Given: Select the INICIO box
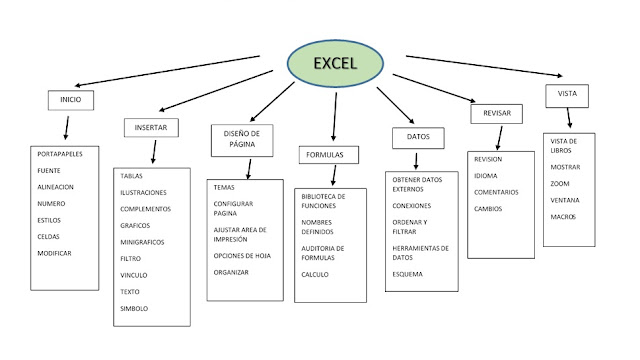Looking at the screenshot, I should [x=69, y=101].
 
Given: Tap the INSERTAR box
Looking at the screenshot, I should [x=151, y=127].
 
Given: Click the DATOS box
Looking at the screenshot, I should [x=418, y=135].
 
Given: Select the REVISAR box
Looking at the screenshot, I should [x=496, y=114].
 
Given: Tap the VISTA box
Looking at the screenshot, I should [x=567, y=96].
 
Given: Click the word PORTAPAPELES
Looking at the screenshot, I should [x=60, y=153].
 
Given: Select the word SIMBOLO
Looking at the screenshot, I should [x=134, y=309].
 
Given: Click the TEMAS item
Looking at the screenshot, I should [x=224, y=187].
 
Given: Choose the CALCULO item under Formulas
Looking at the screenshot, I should [x=315, y=274].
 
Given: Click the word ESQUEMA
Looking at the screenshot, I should [x=408, y=274].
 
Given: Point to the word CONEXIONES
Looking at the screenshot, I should [x=412, y=205].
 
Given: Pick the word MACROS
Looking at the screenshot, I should [x=563, y=216].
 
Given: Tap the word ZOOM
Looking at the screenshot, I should [x=560, y=183].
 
